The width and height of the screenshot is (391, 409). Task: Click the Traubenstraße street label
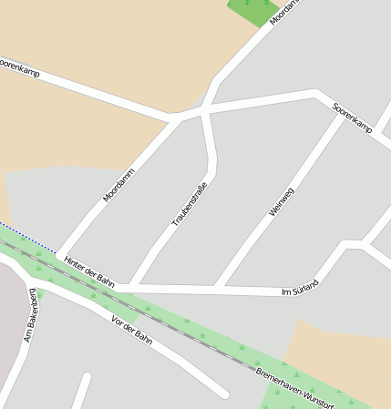pos(190,204)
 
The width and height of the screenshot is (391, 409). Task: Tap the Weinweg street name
pos(282,201)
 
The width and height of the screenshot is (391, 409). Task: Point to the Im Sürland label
pos(300,288)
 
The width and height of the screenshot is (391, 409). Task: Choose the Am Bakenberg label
pos(30,314)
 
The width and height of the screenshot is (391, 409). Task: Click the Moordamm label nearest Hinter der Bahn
pos(118,185)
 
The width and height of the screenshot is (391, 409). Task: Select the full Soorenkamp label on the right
pos(352,116)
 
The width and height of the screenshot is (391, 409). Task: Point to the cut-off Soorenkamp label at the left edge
pos(18,66)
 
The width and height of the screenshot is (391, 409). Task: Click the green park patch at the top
pos(253,10)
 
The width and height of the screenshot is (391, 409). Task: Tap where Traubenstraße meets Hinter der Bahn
pos(133,286)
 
